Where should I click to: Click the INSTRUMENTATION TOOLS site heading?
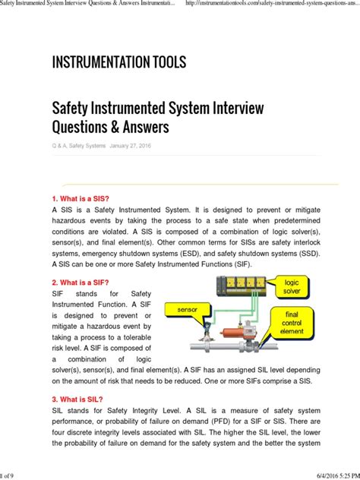(x=118, y=62)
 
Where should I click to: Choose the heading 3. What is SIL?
(x=79, y=399)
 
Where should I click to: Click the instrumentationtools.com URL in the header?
(x=270, y=5)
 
